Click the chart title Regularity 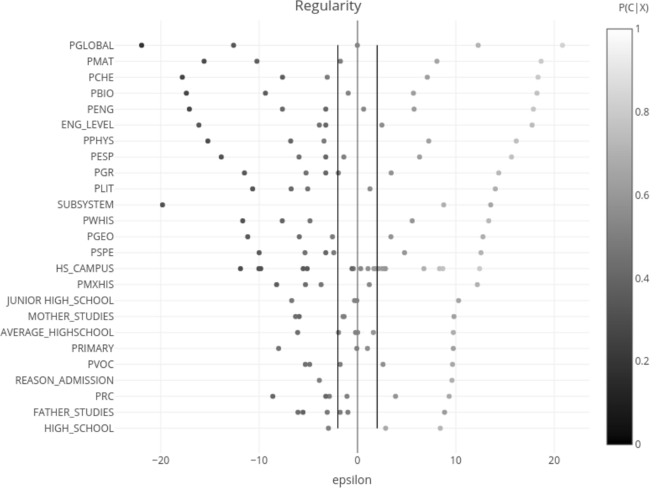click(x=328, y=7)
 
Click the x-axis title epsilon click(x=352, y=480)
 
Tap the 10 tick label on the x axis click(x=455, y=459)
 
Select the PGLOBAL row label click(x=91, y=45)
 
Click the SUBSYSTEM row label click(x=86, y=205)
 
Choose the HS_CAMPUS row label click(x=84, y=268)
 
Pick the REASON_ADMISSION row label click(x=65, y=380)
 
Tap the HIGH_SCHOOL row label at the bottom click(x=79, y=428)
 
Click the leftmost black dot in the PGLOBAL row click(x=142, y=45)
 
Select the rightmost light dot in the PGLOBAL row click(x=562, y=45)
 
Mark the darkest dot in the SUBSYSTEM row click(x=162, y=205)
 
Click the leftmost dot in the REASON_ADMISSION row click(x=319, y=380)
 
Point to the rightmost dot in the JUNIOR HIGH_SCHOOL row click(x=458, y=301)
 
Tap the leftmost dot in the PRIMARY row click(x=278, y=348)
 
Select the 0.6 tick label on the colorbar click(x=642, y=194)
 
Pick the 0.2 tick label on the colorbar click(x=642, y=361)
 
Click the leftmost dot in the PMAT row click(x=204, y=61)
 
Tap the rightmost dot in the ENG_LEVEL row click(x=532, y=125)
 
